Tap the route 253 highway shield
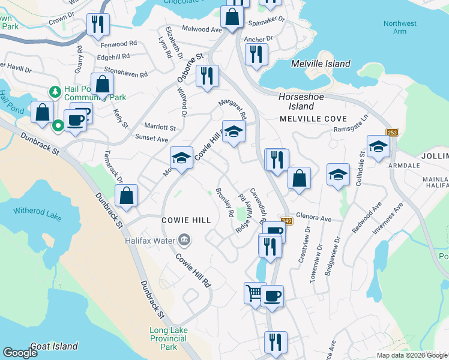393,131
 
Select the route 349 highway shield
286,221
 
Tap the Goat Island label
53,346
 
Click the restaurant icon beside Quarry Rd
96,24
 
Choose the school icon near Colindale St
378,146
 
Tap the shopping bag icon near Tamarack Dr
127,195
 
